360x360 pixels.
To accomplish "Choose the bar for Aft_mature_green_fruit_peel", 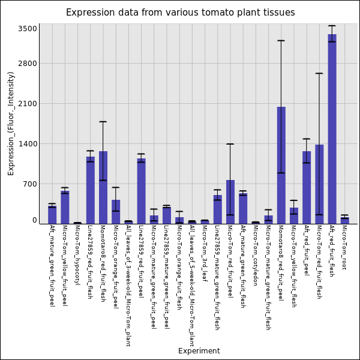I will click(x=52, y=215).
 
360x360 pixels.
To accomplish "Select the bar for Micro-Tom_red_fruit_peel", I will click(x=230, y=202).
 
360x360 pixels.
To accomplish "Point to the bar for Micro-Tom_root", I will click(x=344, y=220).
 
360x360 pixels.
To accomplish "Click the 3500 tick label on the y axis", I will click(x=28, y=28).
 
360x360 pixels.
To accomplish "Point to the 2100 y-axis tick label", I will click(x=28, y=104).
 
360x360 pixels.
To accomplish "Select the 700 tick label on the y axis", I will click(x=30, y=184).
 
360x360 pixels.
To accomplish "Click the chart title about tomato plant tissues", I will click(x=180, y=13).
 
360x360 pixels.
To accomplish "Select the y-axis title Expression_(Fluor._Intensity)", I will click(x=11, y=123).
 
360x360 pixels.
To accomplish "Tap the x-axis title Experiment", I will click(x=199, y=351).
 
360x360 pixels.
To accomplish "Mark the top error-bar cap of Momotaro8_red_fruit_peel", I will click(x=281, y=41).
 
